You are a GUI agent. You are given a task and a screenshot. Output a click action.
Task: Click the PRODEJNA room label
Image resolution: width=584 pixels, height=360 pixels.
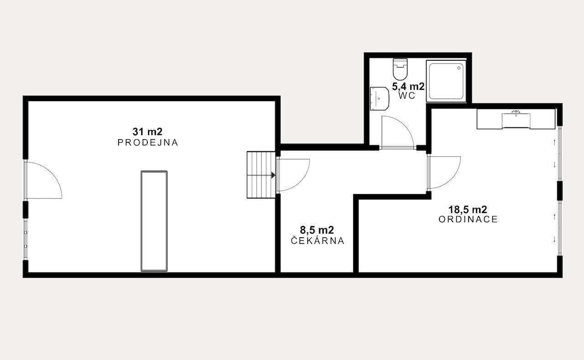pyautogui.click(x=148, y=142)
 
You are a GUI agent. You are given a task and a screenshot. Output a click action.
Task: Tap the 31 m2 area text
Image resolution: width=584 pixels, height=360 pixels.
pyautogui.click(x=147, y=132)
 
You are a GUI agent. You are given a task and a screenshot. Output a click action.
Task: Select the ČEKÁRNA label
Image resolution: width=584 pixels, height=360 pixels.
pyautogui.click(x=318, y=241)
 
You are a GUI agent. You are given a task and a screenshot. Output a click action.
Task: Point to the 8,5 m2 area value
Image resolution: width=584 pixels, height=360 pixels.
pyautogui.click(x=317, y=230)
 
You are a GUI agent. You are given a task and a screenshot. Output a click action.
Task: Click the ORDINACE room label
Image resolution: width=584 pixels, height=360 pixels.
pyautogui.click(x=468, y=219)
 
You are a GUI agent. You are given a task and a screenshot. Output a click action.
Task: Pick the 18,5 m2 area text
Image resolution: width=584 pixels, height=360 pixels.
pyautogui.click(x=468, y=209)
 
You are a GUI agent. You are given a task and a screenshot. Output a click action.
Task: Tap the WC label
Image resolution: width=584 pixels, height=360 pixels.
pyautogui.click(x=407, y=96)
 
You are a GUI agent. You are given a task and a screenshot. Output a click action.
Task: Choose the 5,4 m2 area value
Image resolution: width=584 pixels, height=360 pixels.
pyautogui.click(x=408, y=86)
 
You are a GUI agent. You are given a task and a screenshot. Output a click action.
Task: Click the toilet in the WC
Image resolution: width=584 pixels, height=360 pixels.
pyautogui.click(x=400, y=69)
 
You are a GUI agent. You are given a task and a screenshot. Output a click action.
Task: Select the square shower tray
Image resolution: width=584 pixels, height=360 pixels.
pyautogui.click(x=446, y=81)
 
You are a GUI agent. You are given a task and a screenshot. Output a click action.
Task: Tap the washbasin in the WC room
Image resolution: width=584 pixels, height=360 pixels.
pyautogui.click(x=379, y=98)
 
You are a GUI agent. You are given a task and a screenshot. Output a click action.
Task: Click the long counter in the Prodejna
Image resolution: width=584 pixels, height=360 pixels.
pyautogui.click(x=154, y=221)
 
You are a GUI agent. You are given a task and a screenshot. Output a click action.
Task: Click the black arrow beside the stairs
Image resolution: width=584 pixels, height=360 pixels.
pyautogui.click(x=273, y=175)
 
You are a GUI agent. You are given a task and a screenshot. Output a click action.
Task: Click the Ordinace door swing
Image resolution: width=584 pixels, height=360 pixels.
pyautogui.click(x=444, y=172)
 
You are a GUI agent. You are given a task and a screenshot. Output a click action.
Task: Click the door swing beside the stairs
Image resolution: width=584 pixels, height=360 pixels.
pyautogui.click(x=293, y=174)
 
